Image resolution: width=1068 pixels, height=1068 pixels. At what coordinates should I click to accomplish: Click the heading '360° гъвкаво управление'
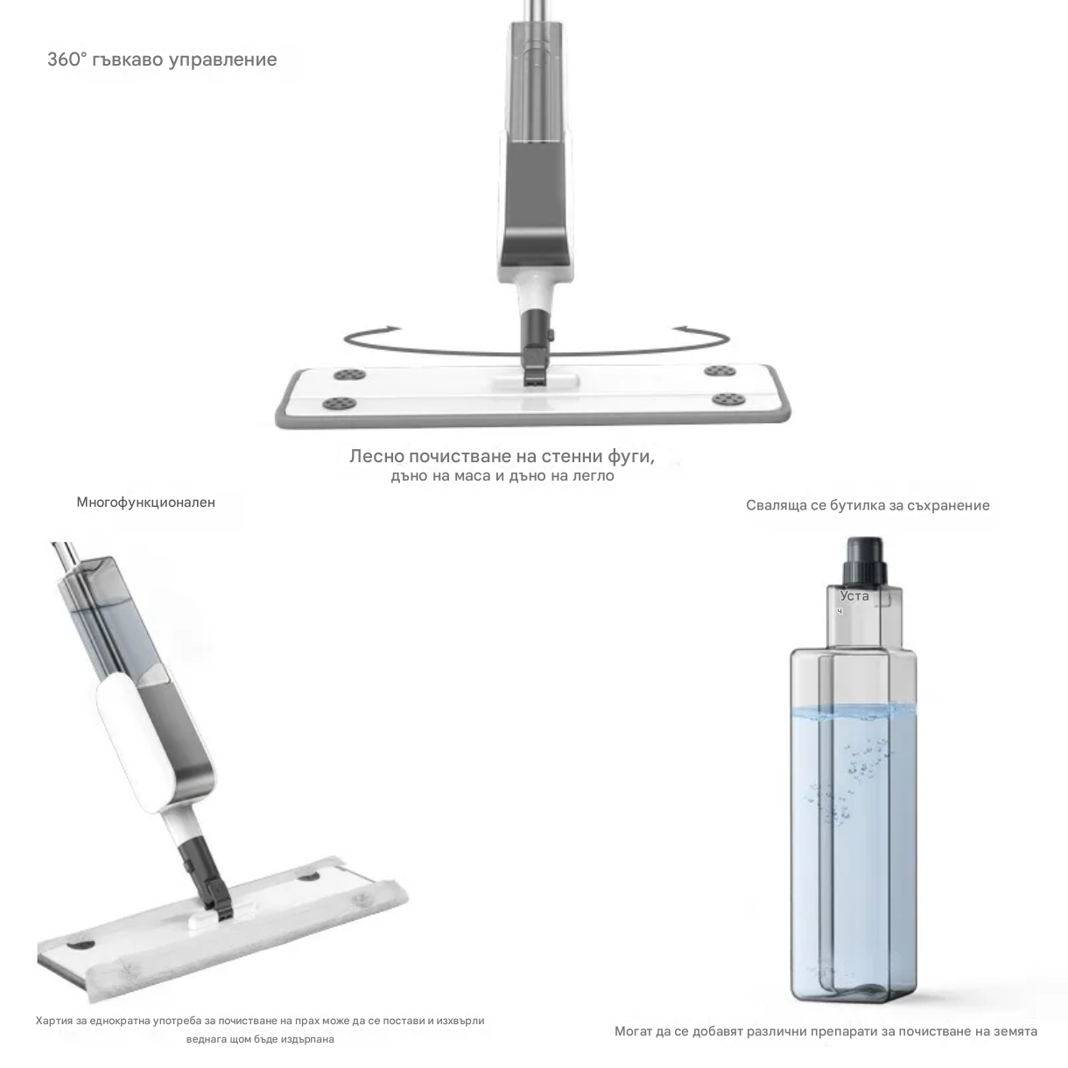click(162, 60)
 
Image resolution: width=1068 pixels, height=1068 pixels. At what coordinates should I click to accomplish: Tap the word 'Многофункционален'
click(146, 502)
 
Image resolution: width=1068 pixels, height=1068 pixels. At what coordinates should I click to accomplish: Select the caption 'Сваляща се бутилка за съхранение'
click(868, 505)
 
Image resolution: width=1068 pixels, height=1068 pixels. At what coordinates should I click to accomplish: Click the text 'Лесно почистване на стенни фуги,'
click(502, 456)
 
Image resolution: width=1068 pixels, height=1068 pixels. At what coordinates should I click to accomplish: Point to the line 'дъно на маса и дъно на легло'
click(502, 475)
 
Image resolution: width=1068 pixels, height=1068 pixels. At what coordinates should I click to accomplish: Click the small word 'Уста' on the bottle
click(854, 596)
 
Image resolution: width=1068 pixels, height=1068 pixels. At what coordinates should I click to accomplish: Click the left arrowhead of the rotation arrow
click(390, 328)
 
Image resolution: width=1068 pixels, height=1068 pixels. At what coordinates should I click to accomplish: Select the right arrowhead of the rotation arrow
click(683, 328)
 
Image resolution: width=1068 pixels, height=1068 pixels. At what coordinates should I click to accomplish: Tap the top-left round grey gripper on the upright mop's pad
click(349, 375)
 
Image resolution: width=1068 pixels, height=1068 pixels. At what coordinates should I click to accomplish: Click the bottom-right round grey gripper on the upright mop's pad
click(727, 398)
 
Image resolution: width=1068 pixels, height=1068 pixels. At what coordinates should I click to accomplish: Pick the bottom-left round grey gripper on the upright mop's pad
click(339, 404)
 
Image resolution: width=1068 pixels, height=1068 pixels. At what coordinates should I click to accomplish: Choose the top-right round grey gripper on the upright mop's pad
click(720, 370)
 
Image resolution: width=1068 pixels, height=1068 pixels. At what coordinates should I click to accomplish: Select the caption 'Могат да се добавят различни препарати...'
click(826, 1031)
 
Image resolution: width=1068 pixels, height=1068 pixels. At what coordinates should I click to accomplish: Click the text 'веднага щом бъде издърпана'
click(260, 1039)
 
